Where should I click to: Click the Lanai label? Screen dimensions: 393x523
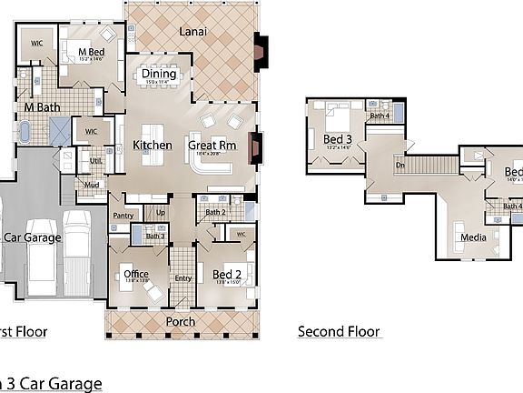click(192, 32)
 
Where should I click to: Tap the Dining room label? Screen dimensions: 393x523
click(165, 74)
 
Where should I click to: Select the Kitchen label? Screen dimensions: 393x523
click(152, 145)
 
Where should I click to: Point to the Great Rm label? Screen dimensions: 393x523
click(212, 145)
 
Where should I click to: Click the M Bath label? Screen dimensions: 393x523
click(42, 107)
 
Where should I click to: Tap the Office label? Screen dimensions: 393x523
click(135, 274)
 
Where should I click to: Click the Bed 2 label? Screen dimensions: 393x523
click(226, 274)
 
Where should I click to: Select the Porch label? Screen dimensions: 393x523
click(180, 322)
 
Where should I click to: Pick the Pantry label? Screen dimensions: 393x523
click(123, 216)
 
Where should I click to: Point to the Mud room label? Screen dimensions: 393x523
click(92, 185)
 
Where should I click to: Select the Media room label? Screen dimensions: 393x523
click(473, 237)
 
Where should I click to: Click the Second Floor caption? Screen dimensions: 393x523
click(339, 331)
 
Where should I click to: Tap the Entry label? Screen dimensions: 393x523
click(183, 278)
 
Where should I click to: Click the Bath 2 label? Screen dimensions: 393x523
click(215, 213)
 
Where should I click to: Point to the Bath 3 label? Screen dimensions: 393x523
click(155, 237)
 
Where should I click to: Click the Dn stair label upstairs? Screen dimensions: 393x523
click(400, 166)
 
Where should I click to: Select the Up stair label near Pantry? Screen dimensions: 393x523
click(162, 213)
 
